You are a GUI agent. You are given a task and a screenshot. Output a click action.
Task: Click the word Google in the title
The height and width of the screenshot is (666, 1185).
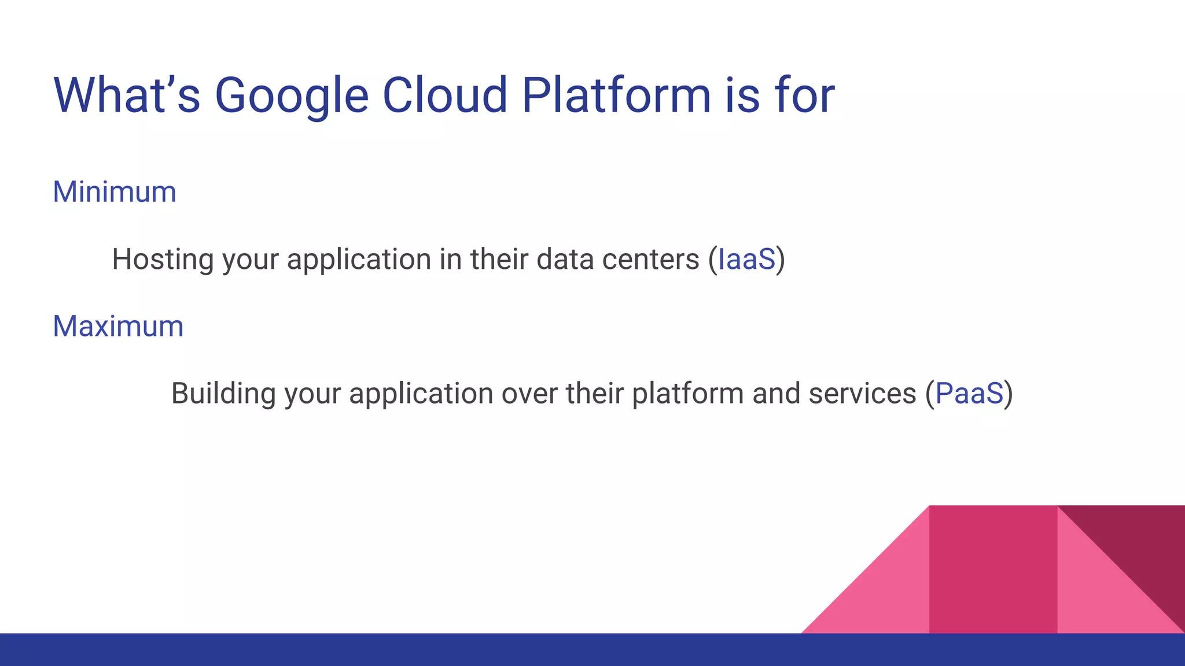coord(291,95)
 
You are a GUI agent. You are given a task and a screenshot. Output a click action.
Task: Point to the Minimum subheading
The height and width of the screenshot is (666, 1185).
coord(114,192)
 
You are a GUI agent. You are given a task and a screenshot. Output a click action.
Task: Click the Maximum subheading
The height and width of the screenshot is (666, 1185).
coord(118,326)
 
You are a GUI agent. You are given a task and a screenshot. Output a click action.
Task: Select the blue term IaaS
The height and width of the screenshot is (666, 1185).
coord(746,259)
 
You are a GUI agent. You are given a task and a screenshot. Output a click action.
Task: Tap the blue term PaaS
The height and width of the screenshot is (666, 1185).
coord(969,394)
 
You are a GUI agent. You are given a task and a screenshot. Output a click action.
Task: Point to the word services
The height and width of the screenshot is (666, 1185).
coord(862,394)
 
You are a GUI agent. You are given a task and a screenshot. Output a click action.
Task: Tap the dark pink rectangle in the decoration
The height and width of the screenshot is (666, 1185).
coord(993,569)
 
